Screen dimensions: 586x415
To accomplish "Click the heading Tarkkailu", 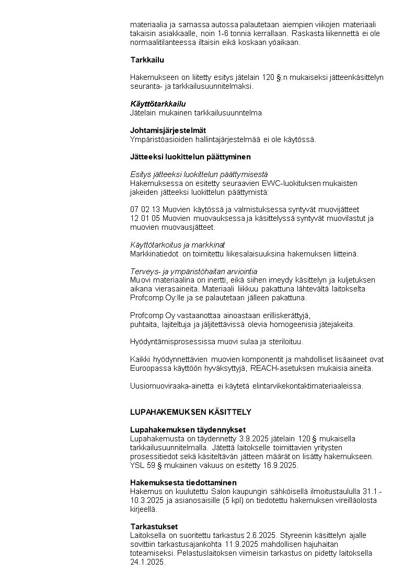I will (147, 60).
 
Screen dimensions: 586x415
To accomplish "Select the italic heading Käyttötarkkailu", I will (158, 104).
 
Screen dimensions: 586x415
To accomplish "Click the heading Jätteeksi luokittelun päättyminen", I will (190, 157).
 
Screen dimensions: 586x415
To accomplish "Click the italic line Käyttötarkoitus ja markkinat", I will (177, 245).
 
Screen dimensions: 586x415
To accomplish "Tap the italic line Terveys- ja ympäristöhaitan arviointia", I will (193, 271).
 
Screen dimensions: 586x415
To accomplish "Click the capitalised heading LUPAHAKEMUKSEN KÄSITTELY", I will (190, 412).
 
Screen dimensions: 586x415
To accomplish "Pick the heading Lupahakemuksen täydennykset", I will (181, 430).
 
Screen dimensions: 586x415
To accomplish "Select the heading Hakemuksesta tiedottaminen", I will (183, 483).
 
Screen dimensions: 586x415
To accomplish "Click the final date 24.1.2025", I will (147, 562).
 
